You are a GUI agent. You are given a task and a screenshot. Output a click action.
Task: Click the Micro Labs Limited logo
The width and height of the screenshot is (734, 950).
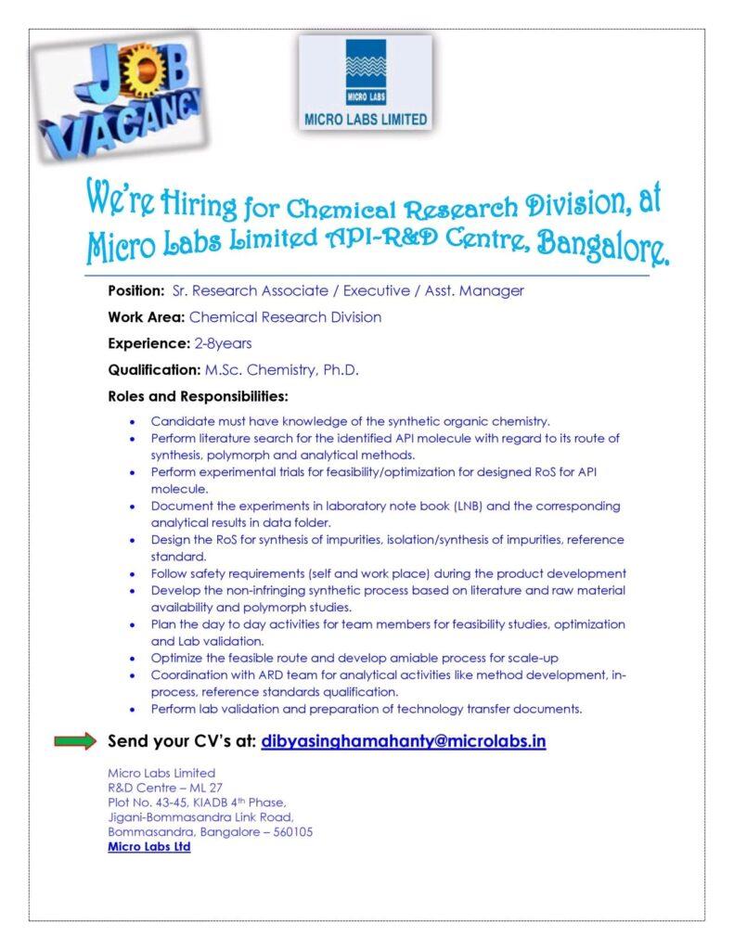[x=366, y=83]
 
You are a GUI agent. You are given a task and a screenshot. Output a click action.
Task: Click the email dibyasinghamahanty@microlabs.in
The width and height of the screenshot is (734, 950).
[x=403, y=742]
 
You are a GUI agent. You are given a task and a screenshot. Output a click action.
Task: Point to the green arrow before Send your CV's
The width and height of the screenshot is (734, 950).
[x=75, y=741]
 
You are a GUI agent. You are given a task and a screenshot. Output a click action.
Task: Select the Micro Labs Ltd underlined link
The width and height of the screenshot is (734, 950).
[x=148, y=847]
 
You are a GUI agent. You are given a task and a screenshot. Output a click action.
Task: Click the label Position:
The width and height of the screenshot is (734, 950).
[x=137, y=290]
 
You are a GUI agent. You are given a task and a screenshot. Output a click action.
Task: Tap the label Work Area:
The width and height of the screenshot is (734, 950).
[x=146, y=317]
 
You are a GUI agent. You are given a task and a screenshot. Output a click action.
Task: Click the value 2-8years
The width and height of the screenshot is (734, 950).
[x=223, y=343]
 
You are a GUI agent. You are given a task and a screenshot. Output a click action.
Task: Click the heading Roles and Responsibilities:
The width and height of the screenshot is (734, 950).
[x=199, y=397]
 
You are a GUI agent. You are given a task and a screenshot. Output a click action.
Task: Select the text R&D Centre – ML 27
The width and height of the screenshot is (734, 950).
[x=165, y=788]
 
